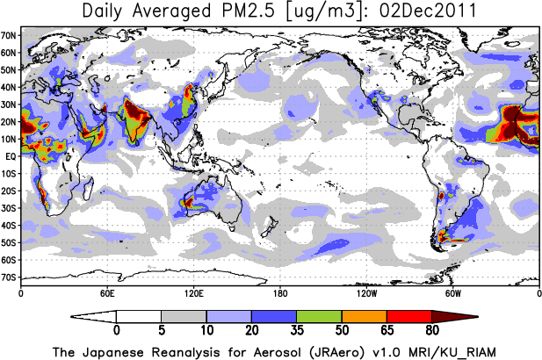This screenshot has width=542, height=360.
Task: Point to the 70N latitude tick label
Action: click(x=10, y=35)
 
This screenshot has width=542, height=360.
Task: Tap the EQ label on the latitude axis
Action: click(x=10, y=156)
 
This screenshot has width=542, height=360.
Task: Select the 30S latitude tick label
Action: click(x=10, y=208)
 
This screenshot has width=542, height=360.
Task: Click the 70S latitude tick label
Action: click(x=10, y=277)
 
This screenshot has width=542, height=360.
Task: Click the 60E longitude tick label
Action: click(x=106, y=292)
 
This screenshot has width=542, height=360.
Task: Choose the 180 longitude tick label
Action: click(x=279, y=292)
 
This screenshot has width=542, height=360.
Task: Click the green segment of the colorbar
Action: click(x=319, y=316)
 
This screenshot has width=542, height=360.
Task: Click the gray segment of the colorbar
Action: click(x=184, y=316)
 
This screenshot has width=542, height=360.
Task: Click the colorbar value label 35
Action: click(x=297, y=332)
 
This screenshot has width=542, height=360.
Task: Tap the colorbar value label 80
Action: click(x=431, y=332)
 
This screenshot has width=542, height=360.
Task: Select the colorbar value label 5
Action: click(x=162, y=332)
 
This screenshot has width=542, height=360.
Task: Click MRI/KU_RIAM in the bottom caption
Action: click(x=445, y=351)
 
